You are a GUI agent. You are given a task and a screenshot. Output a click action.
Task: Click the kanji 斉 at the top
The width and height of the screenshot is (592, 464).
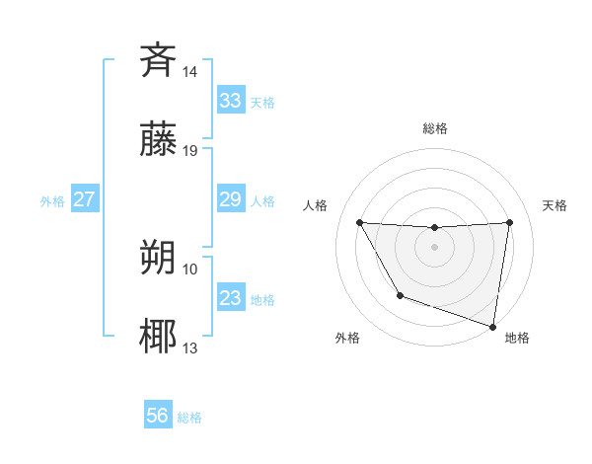pos(158,61)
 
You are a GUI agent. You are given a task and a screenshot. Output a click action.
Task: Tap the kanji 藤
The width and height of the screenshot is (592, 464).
pos(158,140)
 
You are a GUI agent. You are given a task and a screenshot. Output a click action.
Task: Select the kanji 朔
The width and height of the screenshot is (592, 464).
pos(158,258)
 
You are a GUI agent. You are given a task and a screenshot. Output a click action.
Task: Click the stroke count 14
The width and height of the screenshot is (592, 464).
pos(190,72)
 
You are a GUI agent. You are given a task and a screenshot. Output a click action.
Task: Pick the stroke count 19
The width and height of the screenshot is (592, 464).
pos(190,151)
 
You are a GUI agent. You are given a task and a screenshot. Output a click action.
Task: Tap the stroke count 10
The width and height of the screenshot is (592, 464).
pos(190,269)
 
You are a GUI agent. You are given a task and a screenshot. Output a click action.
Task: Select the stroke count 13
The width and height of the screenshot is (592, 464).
pos(190,348)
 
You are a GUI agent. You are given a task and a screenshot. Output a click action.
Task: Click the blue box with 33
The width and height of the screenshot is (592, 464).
pos(230,101)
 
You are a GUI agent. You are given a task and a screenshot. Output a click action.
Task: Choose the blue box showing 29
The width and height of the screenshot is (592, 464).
pos(230,199)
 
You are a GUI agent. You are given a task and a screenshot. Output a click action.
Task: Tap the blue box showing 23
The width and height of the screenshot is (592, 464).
pos(230,298)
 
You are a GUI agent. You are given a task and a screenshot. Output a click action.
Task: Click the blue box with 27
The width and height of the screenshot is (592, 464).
pos(84,199)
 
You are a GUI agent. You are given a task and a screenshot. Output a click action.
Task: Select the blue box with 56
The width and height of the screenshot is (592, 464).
pos(158,417)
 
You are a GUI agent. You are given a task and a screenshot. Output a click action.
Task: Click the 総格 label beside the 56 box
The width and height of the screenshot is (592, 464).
pos(189,418)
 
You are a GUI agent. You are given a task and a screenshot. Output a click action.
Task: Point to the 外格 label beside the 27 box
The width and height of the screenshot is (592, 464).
pos(52,200)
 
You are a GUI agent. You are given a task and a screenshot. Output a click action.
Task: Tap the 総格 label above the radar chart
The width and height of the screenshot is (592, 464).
pos(434,128)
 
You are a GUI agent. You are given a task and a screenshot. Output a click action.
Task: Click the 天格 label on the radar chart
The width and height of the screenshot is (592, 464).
pos(555,205)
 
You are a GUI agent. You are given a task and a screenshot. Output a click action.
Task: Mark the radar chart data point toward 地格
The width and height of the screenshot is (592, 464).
pos(493,326)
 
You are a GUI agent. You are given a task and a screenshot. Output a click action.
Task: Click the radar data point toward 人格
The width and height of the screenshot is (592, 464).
pos(359,222)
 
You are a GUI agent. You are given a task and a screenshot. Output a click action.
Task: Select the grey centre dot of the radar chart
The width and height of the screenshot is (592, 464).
pos(434,246)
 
